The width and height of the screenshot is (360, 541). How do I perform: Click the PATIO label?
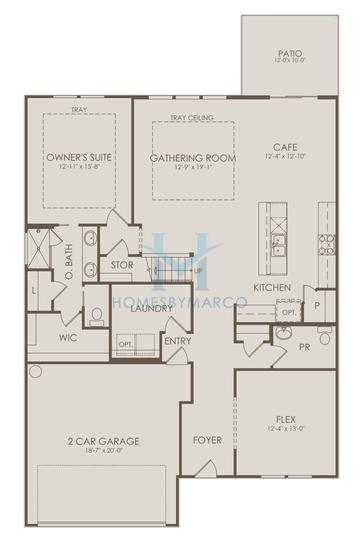pyautogui.click(x=290, y=53)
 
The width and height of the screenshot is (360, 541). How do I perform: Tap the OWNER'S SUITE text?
pyautogui.click(x=78, y=158)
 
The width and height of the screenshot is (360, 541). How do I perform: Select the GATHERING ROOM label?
pyautogui.click(x=193, y=158)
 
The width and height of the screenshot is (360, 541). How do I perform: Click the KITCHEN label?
pyautogui.click(x=272, y=288)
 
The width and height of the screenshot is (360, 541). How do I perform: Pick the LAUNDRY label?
pyautogui.click(x=152, y=308)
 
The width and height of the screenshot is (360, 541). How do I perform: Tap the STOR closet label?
pyautogui.click(x=122, y=265)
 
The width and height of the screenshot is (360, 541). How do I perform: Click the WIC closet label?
pyautogui.click(x=68, y=337)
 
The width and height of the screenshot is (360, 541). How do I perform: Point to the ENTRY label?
pyautogui.click(x=178, y=341)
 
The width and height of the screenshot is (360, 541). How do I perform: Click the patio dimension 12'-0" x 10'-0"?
pyautogui.click(x=290, y=63)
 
